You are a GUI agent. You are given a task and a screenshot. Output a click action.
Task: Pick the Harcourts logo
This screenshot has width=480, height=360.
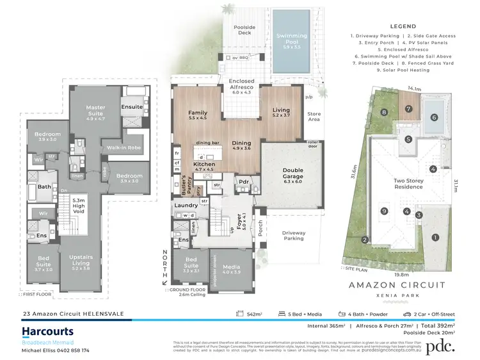point(47,332)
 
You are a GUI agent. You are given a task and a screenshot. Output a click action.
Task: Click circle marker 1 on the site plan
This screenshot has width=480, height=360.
point(435,238)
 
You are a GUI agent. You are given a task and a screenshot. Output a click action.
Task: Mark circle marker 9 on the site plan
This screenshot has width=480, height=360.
point(385,211)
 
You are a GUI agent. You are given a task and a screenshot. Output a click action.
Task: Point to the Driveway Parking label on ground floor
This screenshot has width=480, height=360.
point(294,236)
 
